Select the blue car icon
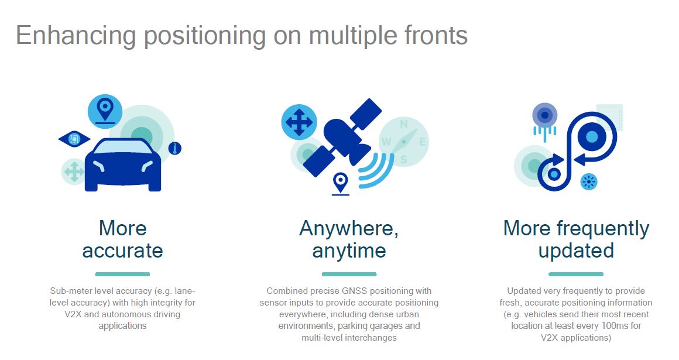point(123,164)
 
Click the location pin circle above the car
point(105,111)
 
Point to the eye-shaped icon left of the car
point(74,139)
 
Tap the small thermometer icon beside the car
point(175,149)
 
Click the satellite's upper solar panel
point(366,113)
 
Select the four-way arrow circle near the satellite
point(299,122)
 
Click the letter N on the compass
point(403,125)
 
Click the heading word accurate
point(122,251)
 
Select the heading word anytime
point(349,251)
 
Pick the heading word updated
point(576,251)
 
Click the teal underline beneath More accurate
point(122,274)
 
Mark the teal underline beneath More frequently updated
point(576,274)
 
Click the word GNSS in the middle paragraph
point(354,291)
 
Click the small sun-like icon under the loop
point(588,181)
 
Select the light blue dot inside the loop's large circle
point(592,137)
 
